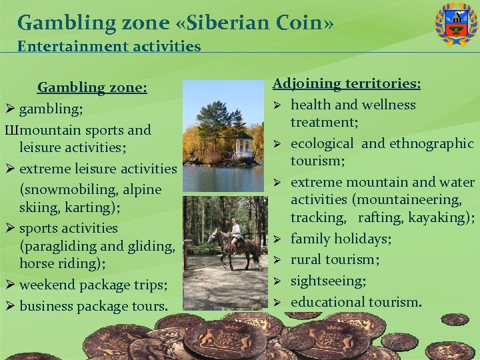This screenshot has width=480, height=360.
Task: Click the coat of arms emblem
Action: [456, 24]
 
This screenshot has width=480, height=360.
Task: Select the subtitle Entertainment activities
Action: [109, 46]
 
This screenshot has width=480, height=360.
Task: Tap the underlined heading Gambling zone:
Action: [92, 87]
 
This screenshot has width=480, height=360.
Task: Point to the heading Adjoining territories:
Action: [347, 84]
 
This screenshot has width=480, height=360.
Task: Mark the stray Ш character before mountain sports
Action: [11, 130]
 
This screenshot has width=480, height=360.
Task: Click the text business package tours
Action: [94, 306]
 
